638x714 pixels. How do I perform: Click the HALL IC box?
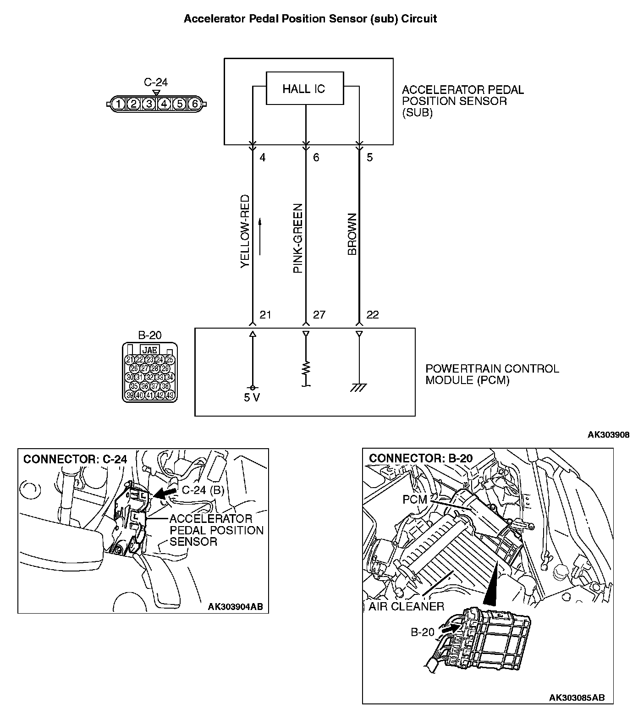pos(305,88)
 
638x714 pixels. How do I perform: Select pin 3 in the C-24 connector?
pos(148,104)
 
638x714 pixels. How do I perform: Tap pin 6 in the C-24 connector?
pos(195,104)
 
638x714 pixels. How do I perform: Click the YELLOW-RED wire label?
pos(245,232)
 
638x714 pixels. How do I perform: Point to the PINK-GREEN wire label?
pos(298,238)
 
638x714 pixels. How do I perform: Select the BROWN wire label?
pos(352,234)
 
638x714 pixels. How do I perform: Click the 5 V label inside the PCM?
pos(252,397)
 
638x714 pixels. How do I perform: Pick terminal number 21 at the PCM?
pos(265,315)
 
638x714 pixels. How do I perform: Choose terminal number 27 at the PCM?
pos(319,315)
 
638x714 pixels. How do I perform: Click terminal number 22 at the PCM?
pos(373,315)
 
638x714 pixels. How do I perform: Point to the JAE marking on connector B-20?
pos(149,351)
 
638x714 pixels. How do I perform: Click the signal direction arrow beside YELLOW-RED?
pos(260,236)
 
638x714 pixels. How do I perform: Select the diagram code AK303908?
pos(608,434)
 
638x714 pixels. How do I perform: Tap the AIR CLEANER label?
pos(406,607)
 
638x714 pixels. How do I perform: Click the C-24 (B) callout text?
pos(203,490)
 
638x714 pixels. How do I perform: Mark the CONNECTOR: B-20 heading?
pos(420,458)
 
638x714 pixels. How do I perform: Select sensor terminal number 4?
pos(263,158)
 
